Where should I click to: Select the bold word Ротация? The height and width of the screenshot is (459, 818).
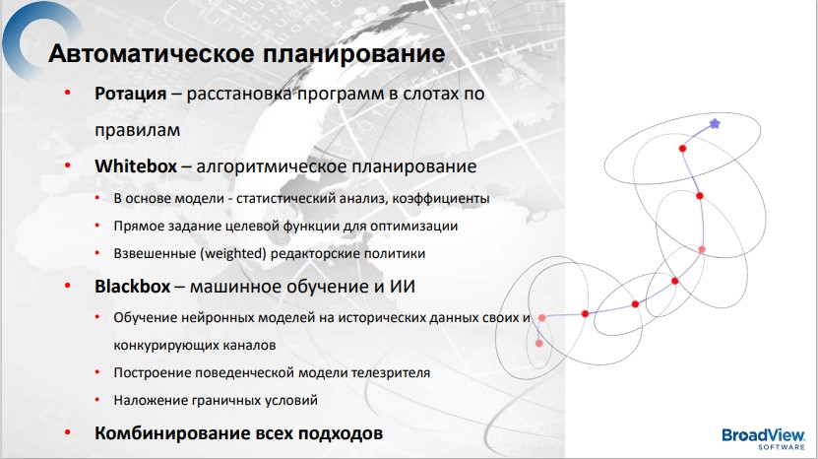[x=130, y=95]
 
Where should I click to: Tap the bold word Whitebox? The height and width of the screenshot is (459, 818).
[x=136, y=166]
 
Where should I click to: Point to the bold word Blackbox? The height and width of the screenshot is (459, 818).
[x=133, y=287]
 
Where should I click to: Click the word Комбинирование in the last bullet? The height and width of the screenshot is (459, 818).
[x=171, y=433]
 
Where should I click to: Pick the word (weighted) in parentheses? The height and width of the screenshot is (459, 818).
[x=234, y=254]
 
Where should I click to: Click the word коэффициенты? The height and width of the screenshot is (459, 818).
[x=441, y=199]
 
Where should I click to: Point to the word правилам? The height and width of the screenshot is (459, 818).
[x=137, y=131]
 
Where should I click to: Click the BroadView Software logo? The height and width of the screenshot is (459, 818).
[x=764, y=438]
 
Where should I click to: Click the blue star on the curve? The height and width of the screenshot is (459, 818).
[x=715, y=124]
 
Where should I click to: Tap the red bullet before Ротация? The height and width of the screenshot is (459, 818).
[x=67, y=93]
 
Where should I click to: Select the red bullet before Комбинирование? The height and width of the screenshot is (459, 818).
[x=67, y=432]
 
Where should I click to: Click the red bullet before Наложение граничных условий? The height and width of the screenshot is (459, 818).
[x=97, y=400]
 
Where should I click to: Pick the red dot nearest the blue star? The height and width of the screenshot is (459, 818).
[x=682, y=149]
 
